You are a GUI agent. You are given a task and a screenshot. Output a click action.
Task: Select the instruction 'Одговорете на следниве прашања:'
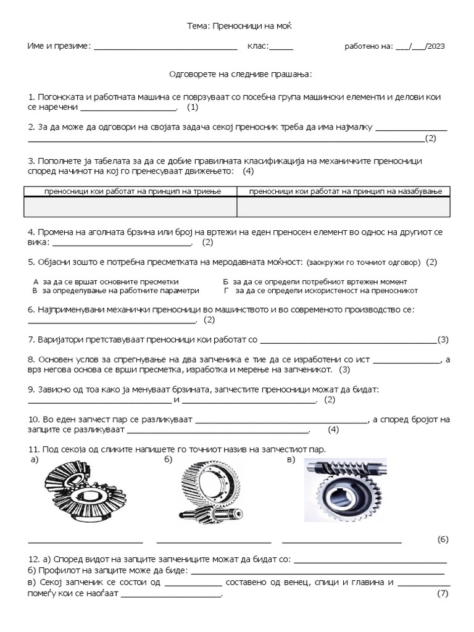point(241,74)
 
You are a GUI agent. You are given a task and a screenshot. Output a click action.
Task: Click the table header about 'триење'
point(130,192)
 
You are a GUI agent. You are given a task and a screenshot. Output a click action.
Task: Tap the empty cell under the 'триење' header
point(130,207)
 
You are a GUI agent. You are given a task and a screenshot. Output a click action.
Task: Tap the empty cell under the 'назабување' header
point(344,207)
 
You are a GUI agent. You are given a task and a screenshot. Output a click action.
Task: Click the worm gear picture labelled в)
point(345,490)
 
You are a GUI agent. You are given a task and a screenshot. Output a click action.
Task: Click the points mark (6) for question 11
point(443,539)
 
